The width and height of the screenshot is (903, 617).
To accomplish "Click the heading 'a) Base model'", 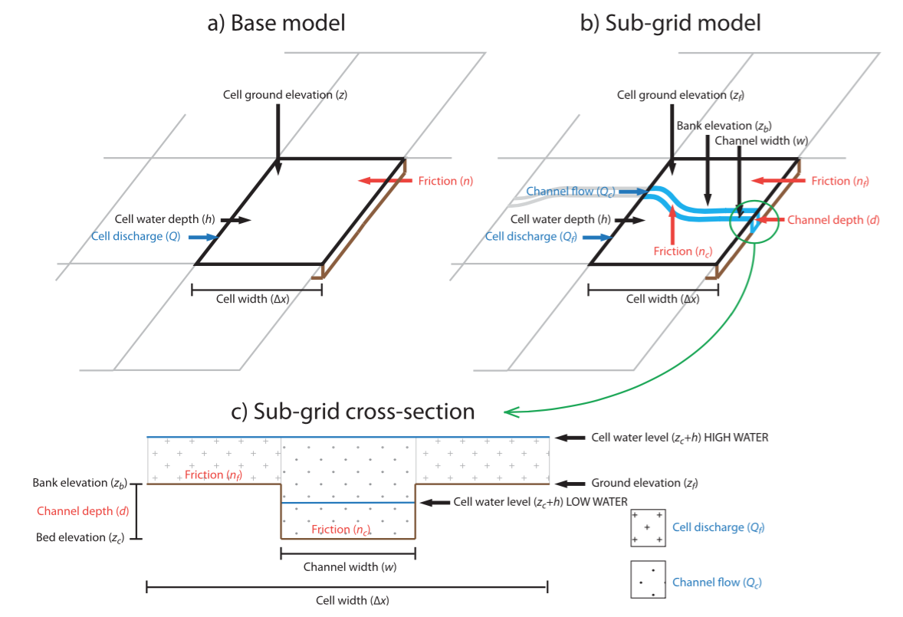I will (x=277, y=23).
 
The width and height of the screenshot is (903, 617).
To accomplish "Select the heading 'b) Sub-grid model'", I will (x=671, y=23).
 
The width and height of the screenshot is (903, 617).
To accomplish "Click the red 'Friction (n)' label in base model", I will (x=445, y=181).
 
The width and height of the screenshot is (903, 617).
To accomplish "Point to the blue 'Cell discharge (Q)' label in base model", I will (x=136, y=237).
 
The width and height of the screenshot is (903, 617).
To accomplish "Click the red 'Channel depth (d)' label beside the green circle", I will (x=833, y=220).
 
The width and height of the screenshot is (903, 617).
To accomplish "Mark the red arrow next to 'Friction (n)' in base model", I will (x=384, y=181).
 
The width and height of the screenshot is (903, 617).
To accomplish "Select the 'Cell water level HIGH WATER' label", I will (x=679, y=437).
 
